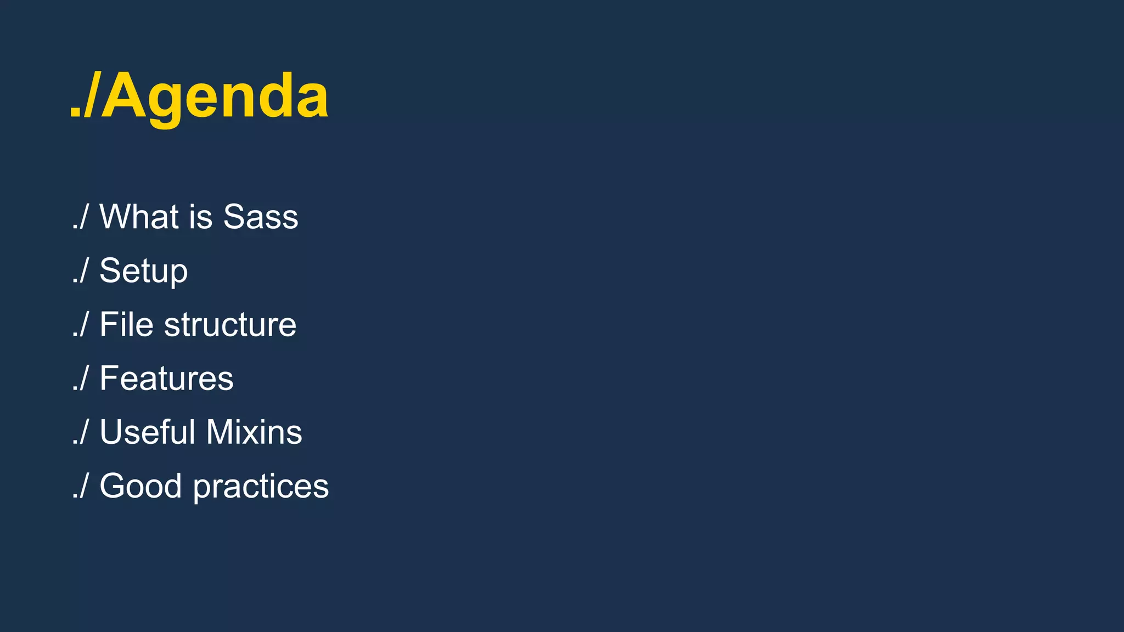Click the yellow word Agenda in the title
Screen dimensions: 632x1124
click(215, 97)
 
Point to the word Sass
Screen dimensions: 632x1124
click(261, 217)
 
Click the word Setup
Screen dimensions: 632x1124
click(143, 271)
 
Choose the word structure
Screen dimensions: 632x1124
click(230, 324)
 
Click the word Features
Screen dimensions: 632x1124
click(166, 378)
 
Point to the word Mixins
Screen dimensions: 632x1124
click(254, 432)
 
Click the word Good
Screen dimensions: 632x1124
click(140, 486)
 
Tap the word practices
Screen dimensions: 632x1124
click(261, 486)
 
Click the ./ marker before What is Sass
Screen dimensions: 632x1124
click(80, 217)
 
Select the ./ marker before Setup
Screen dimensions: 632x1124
click(80, 271)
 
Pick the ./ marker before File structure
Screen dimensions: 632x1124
click(80, 324)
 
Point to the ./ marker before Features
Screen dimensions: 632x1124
click(80, 378)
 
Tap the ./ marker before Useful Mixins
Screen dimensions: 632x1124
click(80, 432)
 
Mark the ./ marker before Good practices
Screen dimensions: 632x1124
click(80, 486)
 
